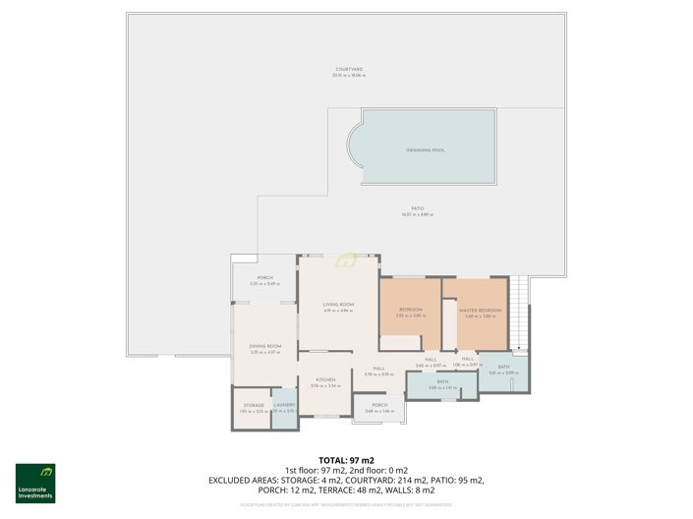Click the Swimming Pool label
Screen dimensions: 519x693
tap(426, 150)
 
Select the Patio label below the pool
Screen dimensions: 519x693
tap(418, 209)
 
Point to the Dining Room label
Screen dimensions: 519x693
tap(264, 347)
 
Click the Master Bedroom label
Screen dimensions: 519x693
tap(480, 312)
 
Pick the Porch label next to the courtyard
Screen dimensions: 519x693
tap(264, 279)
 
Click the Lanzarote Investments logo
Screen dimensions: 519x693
tap(35, 483)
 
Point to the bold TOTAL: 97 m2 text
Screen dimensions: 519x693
tap(346, 460)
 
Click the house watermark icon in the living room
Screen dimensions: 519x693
tap(346, 259)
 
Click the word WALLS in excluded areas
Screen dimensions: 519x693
tap(434, 490)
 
